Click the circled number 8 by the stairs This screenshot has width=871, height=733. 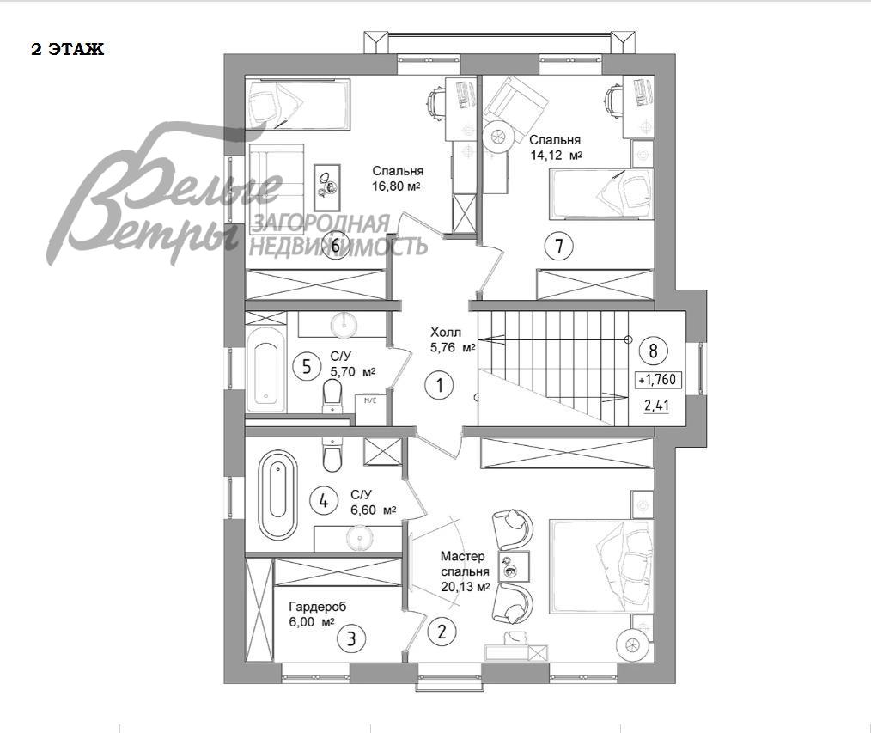pos(653,351)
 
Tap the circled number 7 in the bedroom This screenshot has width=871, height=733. pos(559,246)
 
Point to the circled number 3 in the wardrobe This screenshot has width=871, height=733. pos(351,639)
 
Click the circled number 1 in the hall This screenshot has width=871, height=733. pos(440,385)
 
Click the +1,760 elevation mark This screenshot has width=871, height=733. pos(658,380)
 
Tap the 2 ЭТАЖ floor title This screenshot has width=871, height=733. pos(67,50)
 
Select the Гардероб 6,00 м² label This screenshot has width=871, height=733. pos(317,614)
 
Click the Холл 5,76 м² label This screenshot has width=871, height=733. pos(452,340)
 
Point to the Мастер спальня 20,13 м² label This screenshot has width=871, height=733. pos(466,571)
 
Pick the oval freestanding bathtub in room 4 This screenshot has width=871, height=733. pos(278,495)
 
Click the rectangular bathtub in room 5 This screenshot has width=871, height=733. pos(266,367)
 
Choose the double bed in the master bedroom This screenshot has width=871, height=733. pos(600,567)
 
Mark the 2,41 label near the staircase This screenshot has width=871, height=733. pos(657,405)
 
